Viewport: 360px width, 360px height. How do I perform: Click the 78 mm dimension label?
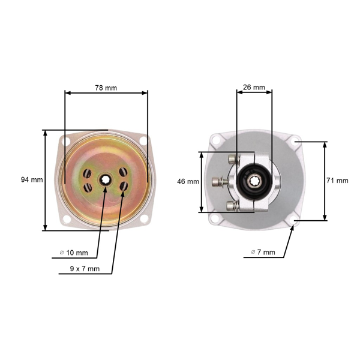click(106, 88)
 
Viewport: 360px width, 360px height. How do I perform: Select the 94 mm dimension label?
click(32, 179)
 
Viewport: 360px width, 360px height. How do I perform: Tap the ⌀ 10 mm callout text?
click(74, 253)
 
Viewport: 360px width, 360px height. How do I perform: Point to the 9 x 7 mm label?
click(85, 269)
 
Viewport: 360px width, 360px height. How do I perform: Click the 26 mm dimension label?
click(254, 88)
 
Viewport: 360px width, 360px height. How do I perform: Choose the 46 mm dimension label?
click(188, 182)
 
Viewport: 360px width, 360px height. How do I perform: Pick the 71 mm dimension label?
click(337, 181)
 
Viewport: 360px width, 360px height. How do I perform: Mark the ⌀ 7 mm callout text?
click(263, 252)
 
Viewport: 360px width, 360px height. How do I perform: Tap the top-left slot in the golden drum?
click(87, 173)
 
